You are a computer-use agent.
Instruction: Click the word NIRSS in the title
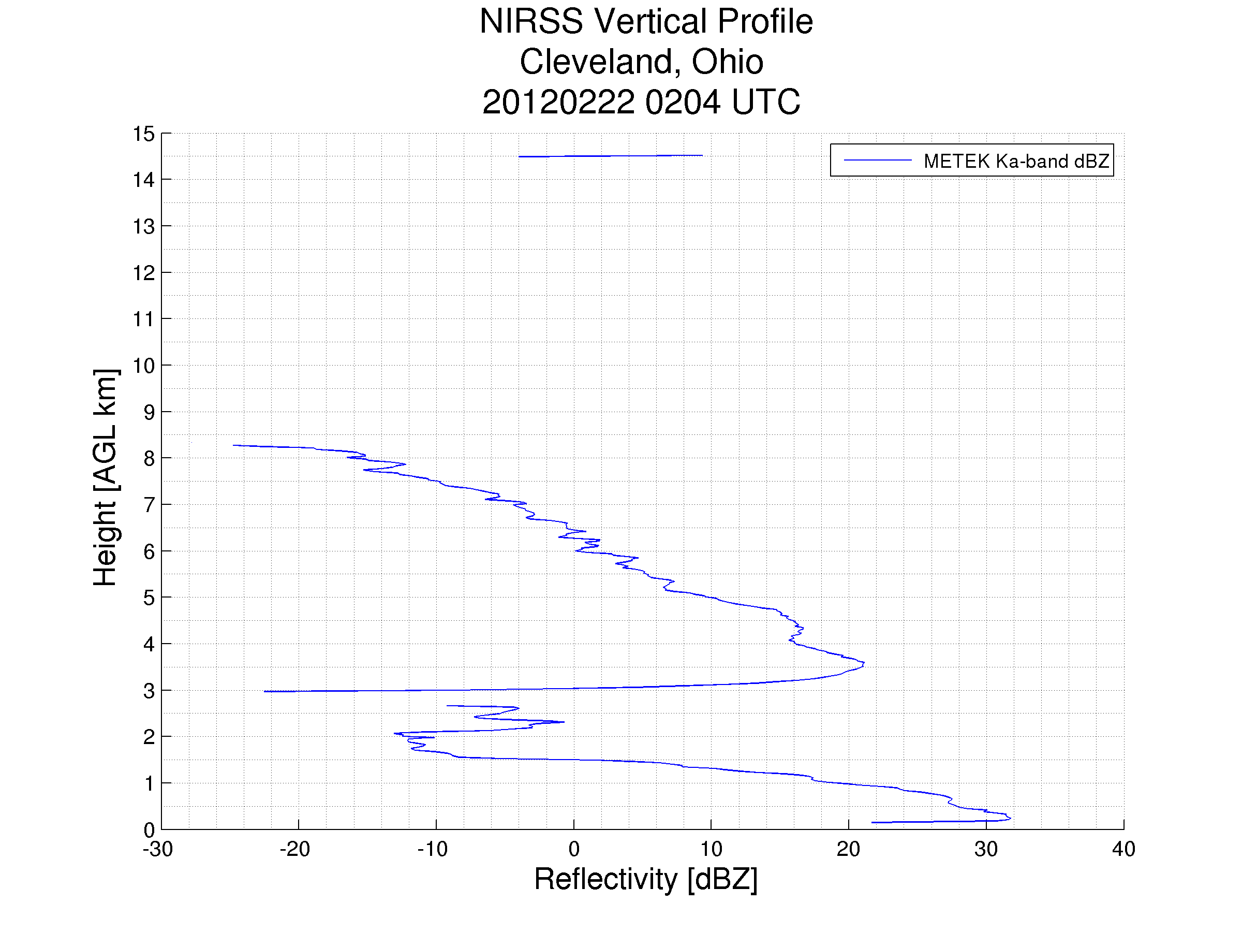click(530, 22)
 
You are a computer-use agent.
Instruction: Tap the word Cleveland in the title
click(597, 62)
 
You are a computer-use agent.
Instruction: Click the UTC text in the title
click(766, 102)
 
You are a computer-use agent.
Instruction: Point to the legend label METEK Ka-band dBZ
click(1016, 161)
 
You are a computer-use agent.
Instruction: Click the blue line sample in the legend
click(877, 161)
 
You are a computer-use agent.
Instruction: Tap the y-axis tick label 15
click(143, 134)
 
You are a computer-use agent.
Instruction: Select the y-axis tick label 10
click(143, 366)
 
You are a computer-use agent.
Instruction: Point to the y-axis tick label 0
click(149, 830)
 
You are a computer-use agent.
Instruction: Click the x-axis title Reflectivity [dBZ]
click(646, 879)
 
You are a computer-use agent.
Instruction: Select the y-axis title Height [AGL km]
click(106, 477)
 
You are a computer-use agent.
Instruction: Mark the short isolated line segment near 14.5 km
click(610, 156)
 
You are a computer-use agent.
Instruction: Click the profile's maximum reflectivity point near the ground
click(1010, 819)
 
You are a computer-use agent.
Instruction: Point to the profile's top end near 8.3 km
click(234, 445)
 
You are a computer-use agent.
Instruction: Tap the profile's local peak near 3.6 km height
click(864, 664)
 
